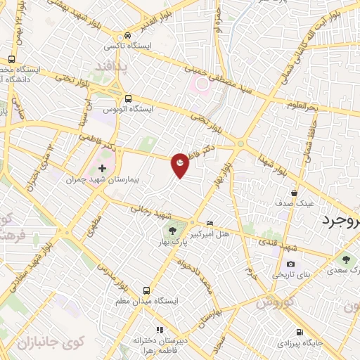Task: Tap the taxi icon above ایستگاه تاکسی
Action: tap(128, 35)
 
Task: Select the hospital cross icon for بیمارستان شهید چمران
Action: tap(103, 169)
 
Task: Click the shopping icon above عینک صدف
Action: tap(293, 192)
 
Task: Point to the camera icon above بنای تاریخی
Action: tap(291, 264)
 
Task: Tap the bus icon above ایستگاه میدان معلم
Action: tap(146, 290)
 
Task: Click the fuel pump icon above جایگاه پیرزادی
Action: tap(300, 333)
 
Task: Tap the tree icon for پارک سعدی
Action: tap(345, 259)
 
